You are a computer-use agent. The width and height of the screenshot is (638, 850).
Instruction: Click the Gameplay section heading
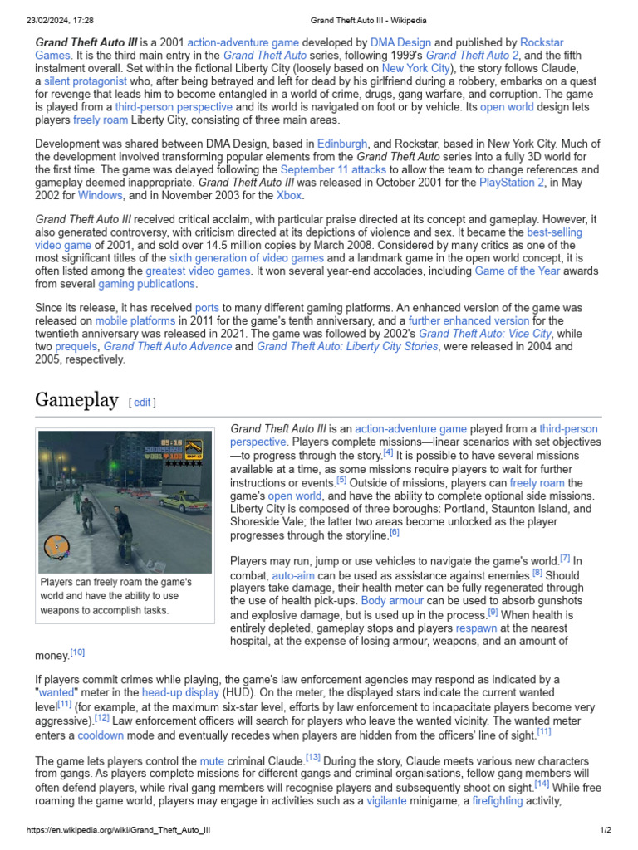pos(76,400)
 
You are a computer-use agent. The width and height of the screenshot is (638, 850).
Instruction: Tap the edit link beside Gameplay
pos(142,403)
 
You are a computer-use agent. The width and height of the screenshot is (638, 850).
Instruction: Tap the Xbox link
pos(288,197)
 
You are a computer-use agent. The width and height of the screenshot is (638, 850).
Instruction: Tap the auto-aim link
pos(292,574)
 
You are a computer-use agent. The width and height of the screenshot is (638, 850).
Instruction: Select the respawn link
pos(477,628)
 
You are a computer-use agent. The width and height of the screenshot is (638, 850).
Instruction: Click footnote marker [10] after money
pos(77,653)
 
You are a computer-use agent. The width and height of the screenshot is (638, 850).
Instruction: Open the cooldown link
pos(101,735)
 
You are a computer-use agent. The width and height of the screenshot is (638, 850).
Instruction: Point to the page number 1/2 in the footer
pos(606,831)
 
